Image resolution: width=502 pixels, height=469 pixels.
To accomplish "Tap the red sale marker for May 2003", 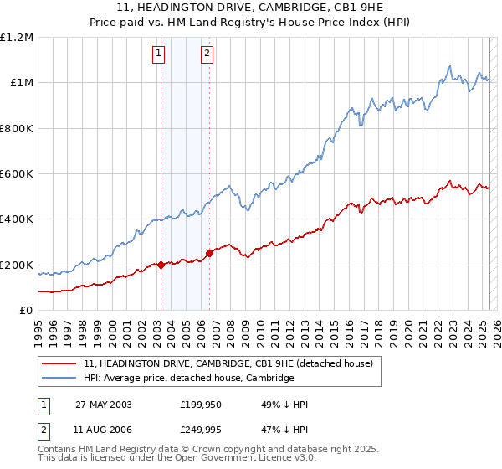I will (161, 265).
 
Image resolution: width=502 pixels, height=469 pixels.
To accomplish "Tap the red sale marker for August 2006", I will (209, 254).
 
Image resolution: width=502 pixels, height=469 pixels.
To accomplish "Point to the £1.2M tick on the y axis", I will (18, 38).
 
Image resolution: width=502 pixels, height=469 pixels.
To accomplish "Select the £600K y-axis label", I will (17, 174).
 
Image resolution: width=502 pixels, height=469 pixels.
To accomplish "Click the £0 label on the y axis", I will (26, 311).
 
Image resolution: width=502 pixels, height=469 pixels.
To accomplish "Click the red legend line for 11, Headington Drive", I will (59, 363).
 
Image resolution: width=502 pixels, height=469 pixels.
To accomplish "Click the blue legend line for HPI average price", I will (59, 379).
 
